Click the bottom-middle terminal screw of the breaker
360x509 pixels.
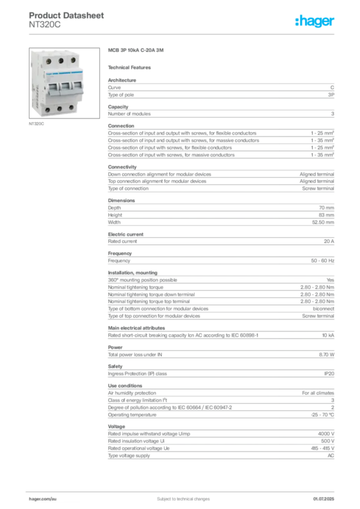pos(60,108)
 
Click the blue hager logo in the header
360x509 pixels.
pos(315,21)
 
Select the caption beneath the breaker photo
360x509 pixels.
pos(38,124)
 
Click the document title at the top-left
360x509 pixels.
pos(67,16)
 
